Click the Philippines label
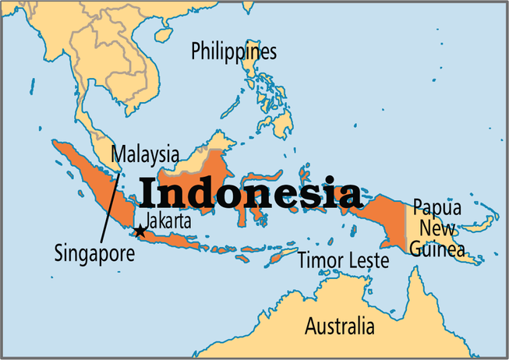click(234, 53)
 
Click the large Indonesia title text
click(250, 192)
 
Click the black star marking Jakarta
click(140, 231)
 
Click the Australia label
click(339, 324)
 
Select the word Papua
click(437, 209)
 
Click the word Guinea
click(439, 249)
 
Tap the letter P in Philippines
click(196, 53)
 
